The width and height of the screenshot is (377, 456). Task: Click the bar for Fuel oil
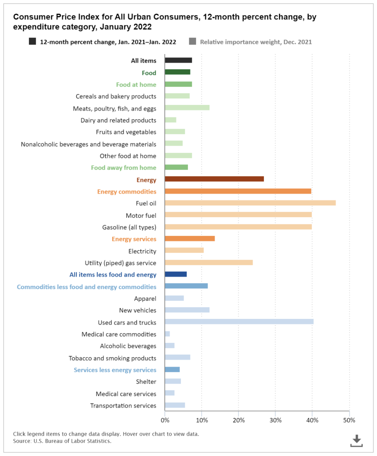click(x=250, y=203)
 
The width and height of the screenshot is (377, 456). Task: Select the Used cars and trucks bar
click(x=239, y=322)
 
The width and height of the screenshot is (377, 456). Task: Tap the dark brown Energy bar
click(x=214, y=179)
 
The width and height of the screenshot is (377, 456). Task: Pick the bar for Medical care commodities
click(x=167, y=334)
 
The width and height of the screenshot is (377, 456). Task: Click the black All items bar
click(x=178, y=60)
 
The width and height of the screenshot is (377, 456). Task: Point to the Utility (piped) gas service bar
click(x=208, y=263)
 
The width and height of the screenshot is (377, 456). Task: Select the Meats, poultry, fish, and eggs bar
click(x=187, y=108)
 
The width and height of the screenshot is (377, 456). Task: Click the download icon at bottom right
click(x=356, y=441)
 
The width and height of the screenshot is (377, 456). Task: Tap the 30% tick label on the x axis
click(x=275, y=420)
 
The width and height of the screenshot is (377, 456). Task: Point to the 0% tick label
click(x=165, y=420)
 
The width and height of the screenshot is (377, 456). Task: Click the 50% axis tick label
click(x=349, y=420)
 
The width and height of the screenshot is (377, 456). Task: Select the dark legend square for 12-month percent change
click(x=33, y=41)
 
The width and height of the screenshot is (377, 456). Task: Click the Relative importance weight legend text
click(x=256, y=42)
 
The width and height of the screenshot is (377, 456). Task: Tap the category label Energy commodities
click(x=126, y=191)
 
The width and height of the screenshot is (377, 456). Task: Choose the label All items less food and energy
click(x=113, y=274)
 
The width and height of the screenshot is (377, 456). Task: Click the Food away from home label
click(x=123, y=168)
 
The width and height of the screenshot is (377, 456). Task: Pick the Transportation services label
click(x=123, y=406)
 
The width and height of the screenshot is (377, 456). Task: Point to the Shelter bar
click(x=173, y=381)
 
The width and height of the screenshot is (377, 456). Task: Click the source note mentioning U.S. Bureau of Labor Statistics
click(x=62, y=441)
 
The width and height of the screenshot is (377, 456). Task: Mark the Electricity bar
click(x=184, y=250)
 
